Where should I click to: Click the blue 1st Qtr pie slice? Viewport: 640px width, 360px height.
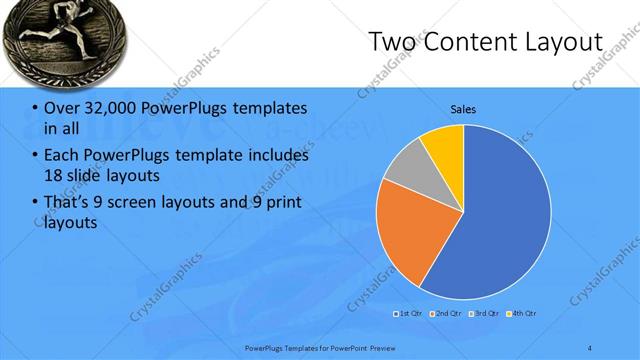[500, 220]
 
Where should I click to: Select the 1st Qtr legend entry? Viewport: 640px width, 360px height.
[410, 314]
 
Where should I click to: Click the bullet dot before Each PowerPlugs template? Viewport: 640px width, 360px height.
[36, 156]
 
